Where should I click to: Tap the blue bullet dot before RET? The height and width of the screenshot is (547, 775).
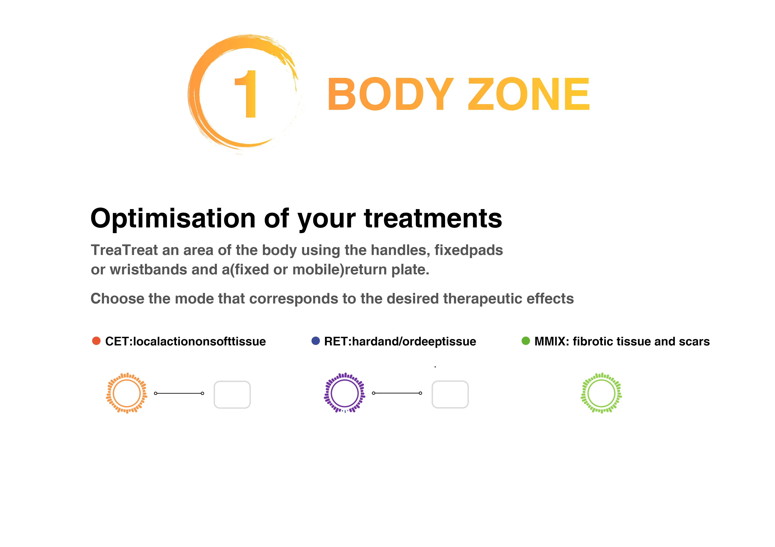pos(316,341)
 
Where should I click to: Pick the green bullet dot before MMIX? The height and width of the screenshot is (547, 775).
pos(526,341)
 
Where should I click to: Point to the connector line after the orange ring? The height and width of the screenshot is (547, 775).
pos(179,393)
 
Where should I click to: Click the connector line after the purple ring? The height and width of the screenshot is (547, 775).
pos(397,393)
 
